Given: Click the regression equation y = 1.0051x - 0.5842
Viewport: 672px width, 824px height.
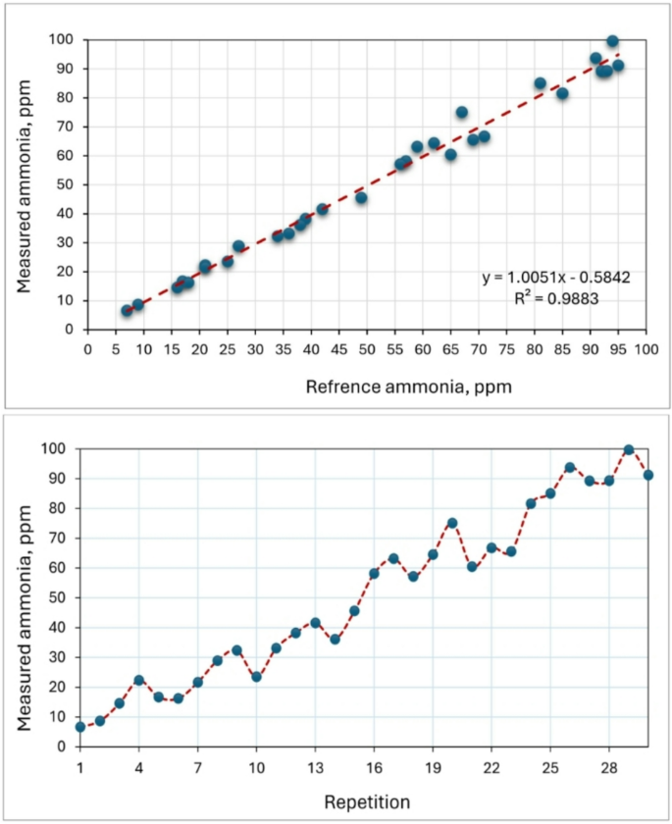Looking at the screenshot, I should click(555, 278).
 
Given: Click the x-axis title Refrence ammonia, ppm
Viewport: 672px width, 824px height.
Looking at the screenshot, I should click(408, 386).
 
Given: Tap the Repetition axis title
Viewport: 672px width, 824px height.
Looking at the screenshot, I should click(366, 801).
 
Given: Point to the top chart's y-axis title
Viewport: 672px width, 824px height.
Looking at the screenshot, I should click(26, 184).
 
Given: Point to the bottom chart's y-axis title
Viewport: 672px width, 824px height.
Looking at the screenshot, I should click(26, 596).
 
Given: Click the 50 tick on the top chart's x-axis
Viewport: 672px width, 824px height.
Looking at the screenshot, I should click(367, 347).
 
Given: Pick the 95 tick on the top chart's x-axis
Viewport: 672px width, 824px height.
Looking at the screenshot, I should click(618, 347).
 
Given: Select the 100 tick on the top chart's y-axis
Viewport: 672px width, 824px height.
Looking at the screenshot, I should click(65, 40).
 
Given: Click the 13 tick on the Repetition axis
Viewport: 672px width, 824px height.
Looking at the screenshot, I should click(315, 764).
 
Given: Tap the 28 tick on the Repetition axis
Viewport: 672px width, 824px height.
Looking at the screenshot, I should click(608, 764).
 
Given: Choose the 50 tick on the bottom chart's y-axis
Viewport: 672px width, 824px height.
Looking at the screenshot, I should click(59, 597).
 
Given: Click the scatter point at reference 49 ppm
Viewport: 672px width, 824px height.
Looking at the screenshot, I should click(361, 197).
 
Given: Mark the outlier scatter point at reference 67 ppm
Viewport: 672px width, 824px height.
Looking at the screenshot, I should click(461, 112).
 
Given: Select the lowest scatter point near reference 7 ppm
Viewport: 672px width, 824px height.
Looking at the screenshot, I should click(127, 310).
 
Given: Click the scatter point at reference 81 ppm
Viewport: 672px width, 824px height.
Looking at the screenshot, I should click(540, 83).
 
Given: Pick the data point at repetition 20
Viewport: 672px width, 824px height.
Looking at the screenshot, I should click(452, 523).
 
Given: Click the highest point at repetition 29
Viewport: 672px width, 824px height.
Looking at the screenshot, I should click(629, 449).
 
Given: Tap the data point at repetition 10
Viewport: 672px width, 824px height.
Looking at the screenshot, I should click(256, 677).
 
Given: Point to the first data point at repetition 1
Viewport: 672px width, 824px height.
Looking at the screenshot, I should click(80, 727).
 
